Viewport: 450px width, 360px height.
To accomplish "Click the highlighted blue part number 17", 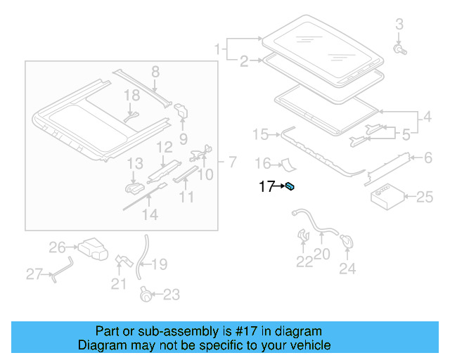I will [x=290, y=186].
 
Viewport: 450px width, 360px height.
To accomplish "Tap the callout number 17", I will [x=266, y=186].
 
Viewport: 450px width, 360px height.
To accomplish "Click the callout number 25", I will [x=425, y=198].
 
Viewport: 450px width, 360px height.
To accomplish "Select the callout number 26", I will [x=57, y=247].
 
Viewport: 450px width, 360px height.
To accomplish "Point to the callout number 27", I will [x=34, y=274].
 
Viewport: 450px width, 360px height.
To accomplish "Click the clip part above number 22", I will [x=304, y=235].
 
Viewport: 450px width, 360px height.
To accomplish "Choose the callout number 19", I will [x=160, y=264].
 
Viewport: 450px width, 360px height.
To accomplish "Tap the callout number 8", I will [x=155, y=71].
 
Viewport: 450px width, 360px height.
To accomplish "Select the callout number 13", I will [x=135, y=164].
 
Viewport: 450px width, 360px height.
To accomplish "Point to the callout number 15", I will [x=261, y=134].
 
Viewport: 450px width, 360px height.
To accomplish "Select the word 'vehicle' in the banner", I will [x=310, y=345].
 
